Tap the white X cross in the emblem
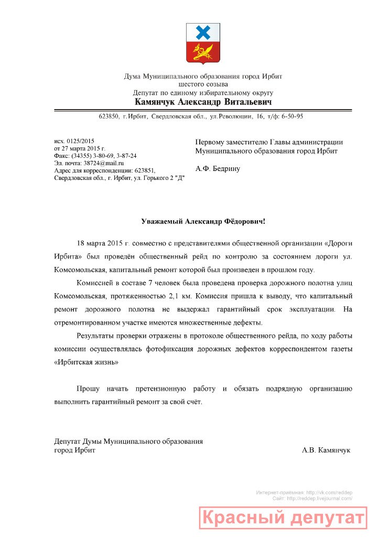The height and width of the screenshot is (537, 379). [203, 34]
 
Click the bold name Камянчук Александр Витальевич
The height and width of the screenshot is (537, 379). [203, 102]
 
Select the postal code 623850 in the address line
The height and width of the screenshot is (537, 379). [109, 116]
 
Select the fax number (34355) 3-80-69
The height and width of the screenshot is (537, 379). [92, 156]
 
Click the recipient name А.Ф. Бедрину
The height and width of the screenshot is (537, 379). [218, 168]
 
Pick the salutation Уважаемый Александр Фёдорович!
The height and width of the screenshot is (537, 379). [203, 221]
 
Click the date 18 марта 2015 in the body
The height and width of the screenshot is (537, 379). [100, 244]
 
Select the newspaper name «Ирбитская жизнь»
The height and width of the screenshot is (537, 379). [86, 362]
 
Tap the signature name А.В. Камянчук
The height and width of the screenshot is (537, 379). [326, 450]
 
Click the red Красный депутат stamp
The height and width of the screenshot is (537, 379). [283, 518]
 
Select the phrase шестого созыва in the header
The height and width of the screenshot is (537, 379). [203, 84]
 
